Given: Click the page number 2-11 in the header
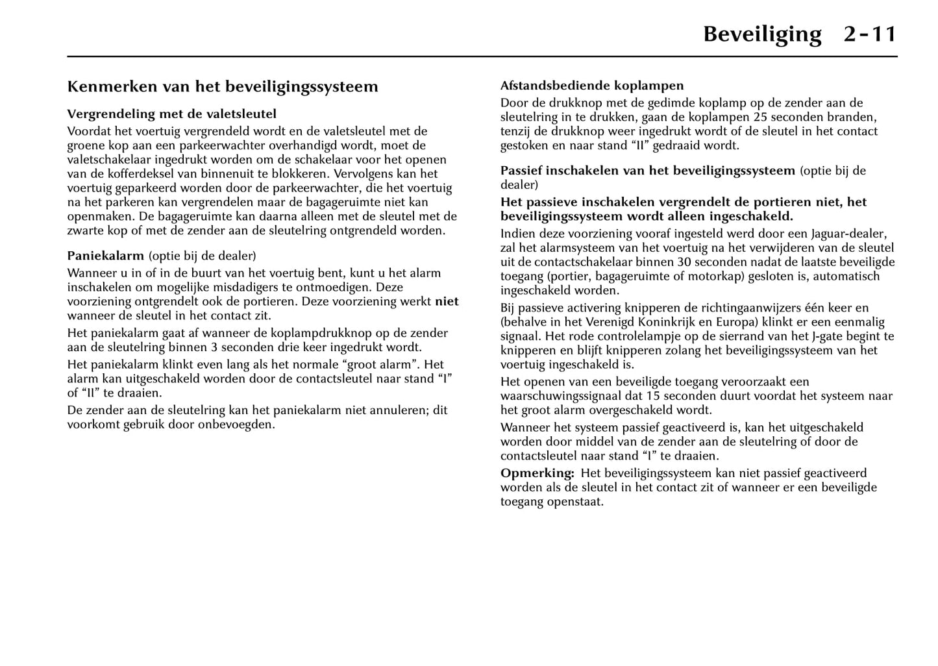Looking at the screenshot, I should [x=870, y=34].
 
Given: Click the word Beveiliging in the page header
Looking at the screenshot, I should [x=762, y=34].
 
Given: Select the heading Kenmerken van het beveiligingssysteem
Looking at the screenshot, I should [x=223, y=87].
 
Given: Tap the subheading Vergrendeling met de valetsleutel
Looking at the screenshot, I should [x=172, y=114].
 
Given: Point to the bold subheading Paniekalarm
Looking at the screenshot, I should [x=106, y=256].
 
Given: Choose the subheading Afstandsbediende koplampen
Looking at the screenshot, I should [x=592, y=86].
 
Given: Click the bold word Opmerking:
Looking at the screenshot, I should [x=537, y=473].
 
